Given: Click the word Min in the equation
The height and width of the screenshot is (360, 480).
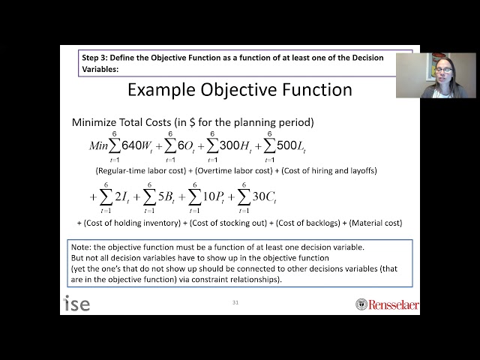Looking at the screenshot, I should click(x=98, y=145).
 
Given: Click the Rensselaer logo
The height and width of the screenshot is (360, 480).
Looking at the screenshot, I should click(x=386, y=304).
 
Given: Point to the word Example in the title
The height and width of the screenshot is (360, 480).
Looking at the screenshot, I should click(x=158, y=90).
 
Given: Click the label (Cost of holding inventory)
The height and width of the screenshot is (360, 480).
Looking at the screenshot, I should click(x=131, y=223).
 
